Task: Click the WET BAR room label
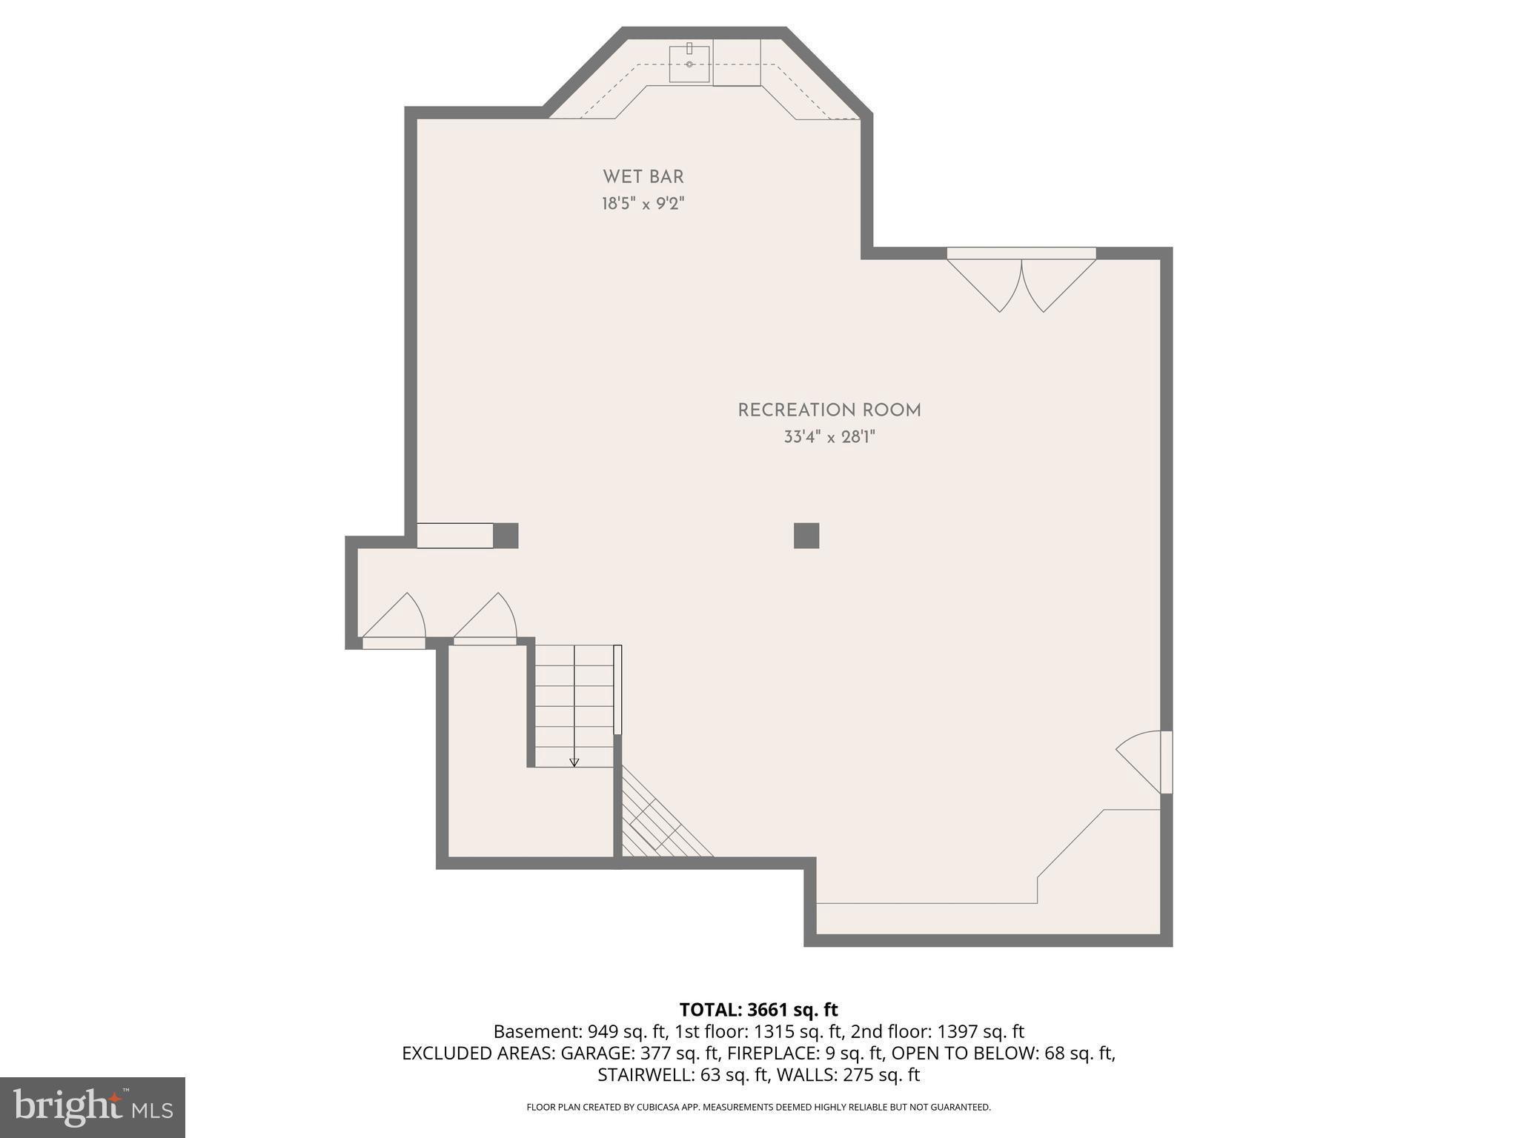[x=643, y=177]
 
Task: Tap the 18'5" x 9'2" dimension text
[x=643, y=204]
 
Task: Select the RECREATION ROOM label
[x=829, y=410]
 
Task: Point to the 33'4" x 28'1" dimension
[x=829, y=437]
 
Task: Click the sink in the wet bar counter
[x=689, y=64]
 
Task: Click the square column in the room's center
[x=806, y=536]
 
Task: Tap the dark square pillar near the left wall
[x=506, y=536]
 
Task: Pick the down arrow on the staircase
[x=574, y=762]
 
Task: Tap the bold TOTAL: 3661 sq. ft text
[x=758, y=1010]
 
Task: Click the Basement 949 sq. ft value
[x=580, y=1031]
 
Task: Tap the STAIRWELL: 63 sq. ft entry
[x=681, y=1074]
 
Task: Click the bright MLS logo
[x=93, y=1106]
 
